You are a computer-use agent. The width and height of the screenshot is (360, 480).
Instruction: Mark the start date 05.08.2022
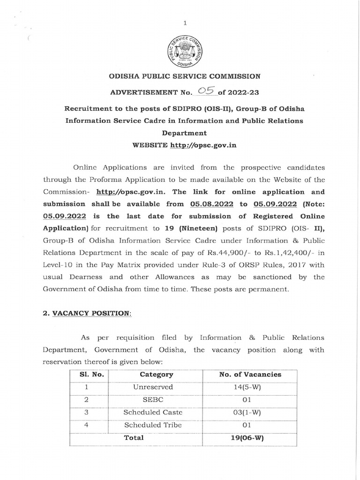[x=210, y=204]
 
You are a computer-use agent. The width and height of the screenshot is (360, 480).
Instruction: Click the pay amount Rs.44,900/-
[x=225, y=253]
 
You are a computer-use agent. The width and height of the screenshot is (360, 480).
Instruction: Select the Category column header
[x=156, y=375]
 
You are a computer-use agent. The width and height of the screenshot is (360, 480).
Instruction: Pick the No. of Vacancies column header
[x=250, y=375]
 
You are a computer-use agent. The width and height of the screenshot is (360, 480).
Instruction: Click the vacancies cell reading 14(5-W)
[x=250, y=387]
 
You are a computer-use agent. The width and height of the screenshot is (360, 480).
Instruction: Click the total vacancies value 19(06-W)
[x=250, y=438]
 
